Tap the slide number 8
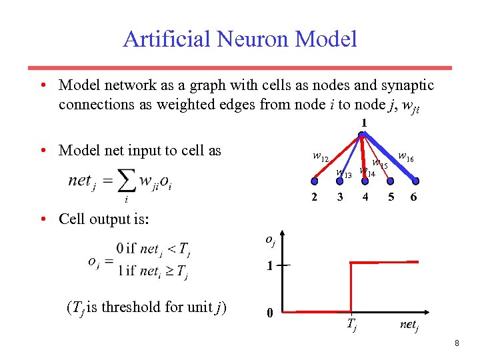tap(457, 343)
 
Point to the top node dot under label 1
tap(361, 135)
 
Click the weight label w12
tap(320, 157)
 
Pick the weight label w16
tap(405, 157)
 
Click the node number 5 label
tap(391, 197)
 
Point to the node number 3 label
tap(340, 197)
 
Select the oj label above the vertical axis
tap(271, 239)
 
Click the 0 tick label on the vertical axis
tap(269, 312)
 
